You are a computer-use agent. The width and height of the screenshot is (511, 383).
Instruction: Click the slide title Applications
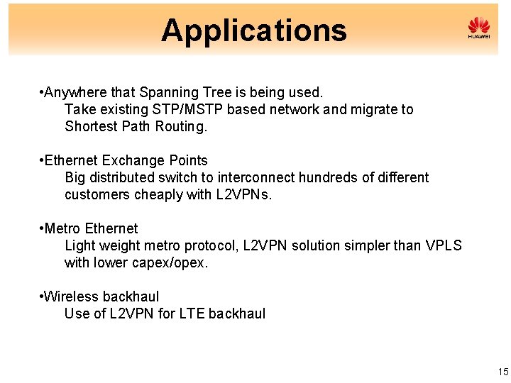click(x=253, y=30)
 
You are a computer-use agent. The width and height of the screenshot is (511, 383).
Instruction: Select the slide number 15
click(x=503, y=372)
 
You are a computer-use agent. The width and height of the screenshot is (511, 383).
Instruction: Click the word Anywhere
click(x=72, y=92)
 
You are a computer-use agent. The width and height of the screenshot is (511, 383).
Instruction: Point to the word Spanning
click(x=166, y=92)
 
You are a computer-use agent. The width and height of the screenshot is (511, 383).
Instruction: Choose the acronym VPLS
click(x=444, y=245)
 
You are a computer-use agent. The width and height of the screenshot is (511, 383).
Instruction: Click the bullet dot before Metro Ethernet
click(x=42, y=228)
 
